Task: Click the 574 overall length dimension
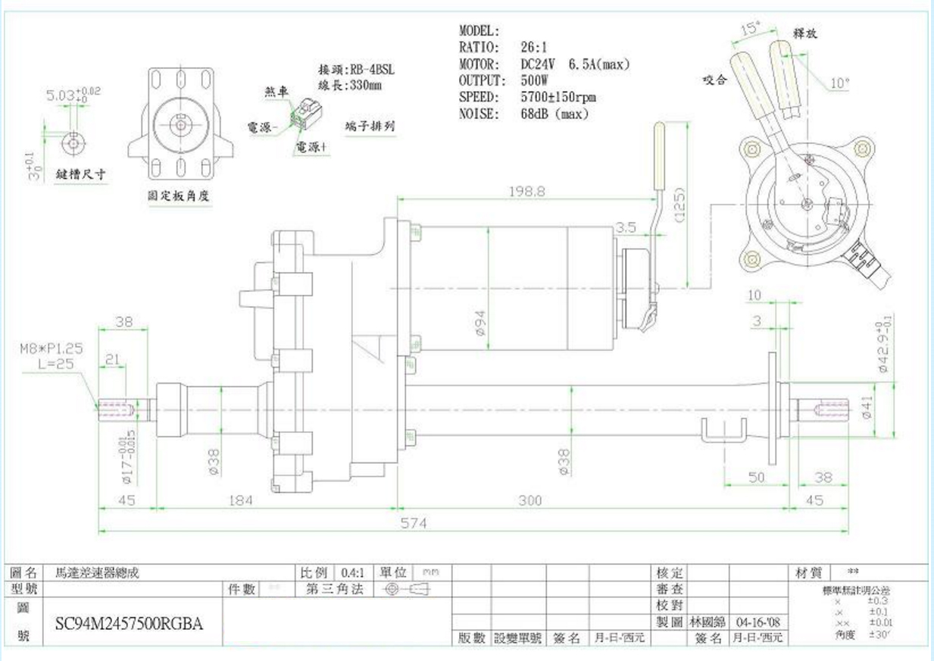[x=414, y=523]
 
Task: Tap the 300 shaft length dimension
[x=529, y=500]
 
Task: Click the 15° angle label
[x=749, y=30]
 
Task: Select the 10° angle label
[x=840, y=83]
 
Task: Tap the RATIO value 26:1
[x=536, y=47]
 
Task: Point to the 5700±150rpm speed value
[x=558, y=98]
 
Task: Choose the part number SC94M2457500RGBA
[x=129, y=623]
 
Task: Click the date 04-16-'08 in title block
[x=761, y=622]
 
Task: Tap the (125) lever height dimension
[x=679, y=204]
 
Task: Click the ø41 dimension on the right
[x=866, y=410]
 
